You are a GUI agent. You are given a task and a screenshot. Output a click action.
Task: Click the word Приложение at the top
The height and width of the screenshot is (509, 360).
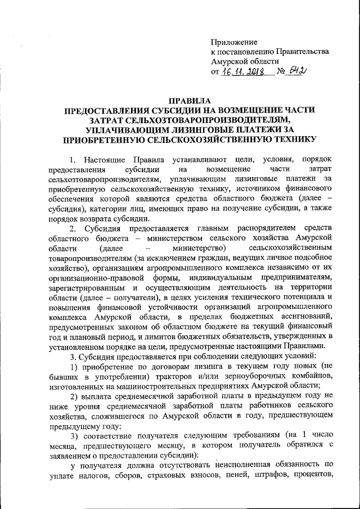coord(234,42)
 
